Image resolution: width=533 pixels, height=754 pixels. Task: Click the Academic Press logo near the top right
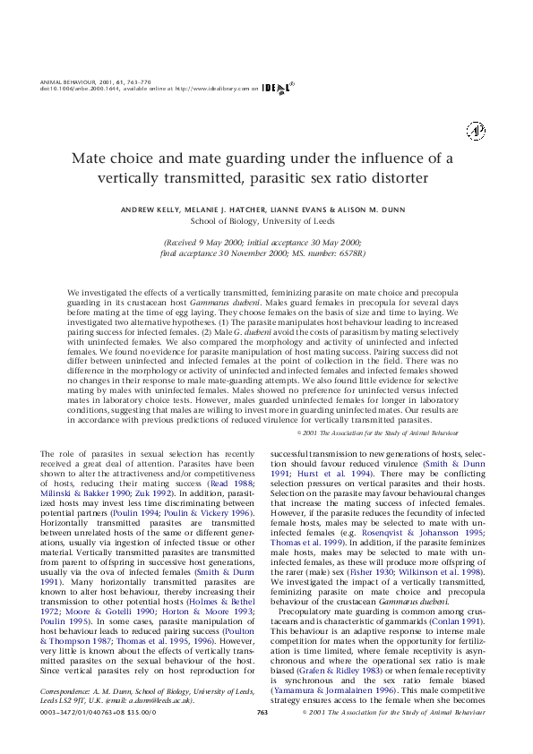point(475,131)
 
